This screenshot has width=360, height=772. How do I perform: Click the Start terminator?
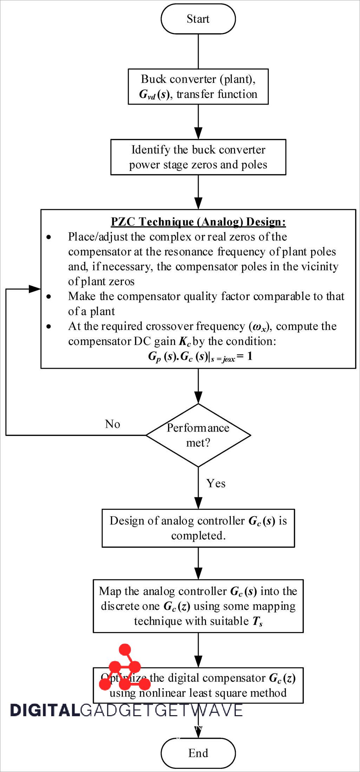coord(198,19)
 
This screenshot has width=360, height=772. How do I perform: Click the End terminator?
coord(198,753)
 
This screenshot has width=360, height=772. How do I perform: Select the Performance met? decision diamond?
coord(198,435)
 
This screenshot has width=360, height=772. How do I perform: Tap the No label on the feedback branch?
coord(112,424)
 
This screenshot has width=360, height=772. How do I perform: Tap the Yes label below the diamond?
coord(215,483)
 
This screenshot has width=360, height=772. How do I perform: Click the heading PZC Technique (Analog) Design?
coord(198,222)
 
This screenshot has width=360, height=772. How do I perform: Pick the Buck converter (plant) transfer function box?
coord(198,86)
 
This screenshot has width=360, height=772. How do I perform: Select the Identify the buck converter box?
coord(198,157)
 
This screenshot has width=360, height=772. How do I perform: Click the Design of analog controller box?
coord(198,528)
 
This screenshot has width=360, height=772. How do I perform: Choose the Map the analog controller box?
coord(198,606)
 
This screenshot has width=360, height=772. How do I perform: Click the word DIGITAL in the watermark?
coord(45,710)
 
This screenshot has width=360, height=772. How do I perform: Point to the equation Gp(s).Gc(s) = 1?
coord(200,357)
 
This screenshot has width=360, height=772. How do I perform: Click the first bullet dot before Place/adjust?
coord(49,237)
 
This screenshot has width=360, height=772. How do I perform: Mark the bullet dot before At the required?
coord(49,327)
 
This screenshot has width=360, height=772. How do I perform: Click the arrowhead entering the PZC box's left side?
coord(35,289)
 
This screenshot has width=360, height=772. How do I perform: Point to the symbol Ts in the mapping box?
coord(258,621)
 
